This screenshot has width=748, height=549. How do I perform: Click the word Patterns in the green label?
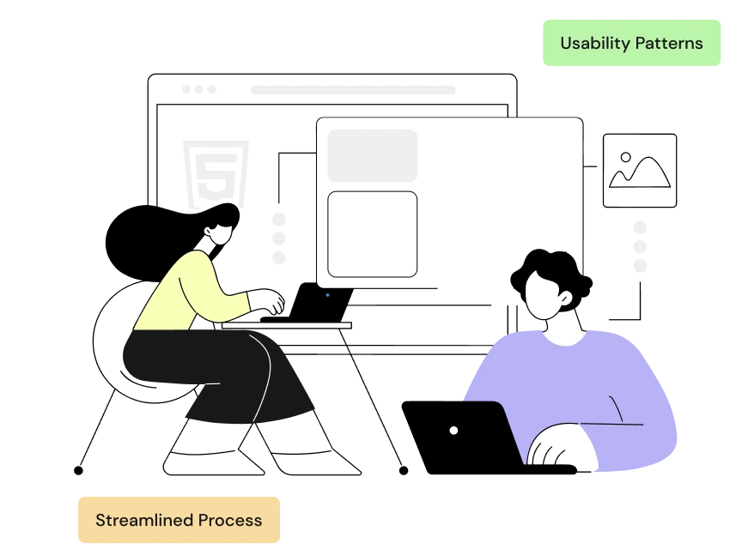669,44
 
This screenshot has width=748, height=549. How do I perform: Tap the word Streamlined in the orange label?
144,520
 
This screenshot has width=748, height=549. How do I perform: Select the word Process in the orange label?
230,520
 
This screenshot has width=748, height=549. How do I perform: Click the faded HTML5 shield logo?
216,172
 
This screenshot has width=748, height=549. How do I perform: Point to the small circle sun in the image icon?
626,157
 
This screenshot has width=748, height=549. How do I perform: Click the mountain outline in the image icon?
640,172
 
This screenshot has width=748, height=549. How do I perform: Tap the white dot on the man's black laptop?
453,431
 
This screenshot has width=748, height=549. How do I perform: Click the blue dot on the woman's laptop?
327,295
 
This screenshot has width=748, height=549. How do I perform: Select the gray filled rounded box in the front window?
372,155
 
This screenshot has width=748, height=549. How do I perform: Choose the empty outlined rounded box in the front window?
372,234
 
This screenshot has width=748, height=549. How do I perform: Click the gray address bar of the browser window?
353,90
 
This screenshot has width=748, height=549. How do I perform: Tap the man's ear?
566,299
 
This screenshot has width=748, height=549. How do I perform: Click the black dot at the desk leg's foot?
404,471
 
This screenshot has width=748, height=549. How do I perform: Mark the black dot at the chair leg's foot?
78,471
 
